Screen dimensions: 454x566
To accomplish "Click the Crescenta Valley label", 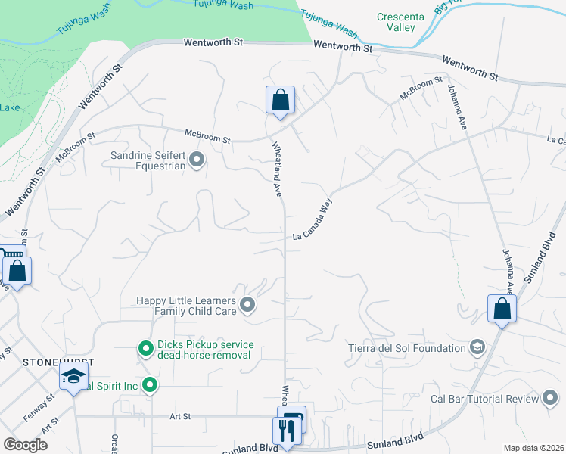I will (x=397, y=22).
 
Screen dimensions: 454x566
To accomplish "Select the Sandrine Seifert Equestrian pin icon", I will (x=197, y=159).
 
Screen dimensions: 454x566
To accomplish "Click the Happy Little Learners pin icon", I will (x=247, y=306).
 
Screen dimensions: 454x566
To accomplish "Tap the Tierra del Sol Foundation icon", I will (x=477, y=348).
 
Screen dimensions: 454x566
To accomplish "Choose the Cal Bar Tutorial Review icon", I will (x=551, y=399).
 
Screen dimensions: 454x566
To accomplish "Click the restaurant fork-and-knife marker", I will (x=285, y=431).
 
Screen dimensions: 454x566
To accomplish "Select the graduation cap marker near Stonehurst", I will (x=73, y=377).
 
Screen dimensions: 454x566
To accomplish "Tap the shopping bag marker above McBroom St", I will (x=280, y=100).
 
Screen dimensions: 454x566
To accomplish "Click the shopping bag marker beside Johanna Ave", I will (x=502, y=309).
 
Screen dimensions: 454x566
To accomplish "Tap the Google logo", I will (x=25, y=444).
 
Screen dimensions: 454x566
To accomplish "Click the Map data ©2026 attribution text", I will (x=533, y=448).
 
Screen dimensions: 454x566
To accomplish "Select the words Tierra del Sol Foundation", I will (x=406, y=348).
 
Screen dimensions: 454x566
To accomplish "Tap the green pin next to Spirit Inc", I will (x=150, y=386).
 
